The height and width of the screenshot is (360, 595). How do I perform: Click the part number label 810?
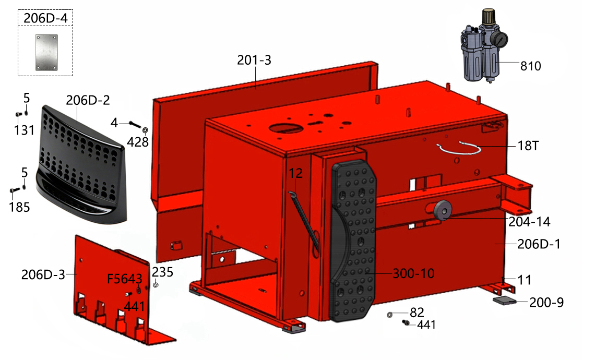click(x=530, y=66)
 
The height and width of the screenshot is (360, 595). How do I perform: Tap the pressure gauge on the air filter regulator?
click(x=501, y=39)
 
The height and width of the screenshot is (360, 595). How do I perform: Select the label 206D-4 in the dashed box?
click(x=45, y=18)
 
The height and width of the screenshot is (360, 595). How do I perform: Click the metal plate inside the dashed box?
click(x=46, y=52)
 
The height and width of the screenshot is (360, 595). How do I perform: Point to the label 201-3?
click(x=254, y=60)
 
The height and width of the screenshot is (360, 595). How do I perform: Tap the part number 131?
click(x=25, y=130)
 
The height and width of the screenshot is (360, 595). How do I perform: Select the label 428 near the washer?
click(x=137, y=142)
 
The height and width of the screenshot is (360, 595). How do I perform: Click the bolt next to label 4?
click(x=135, y=124)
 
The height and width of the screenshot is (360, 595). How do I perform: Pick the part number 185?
click(x=19, y=207)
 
